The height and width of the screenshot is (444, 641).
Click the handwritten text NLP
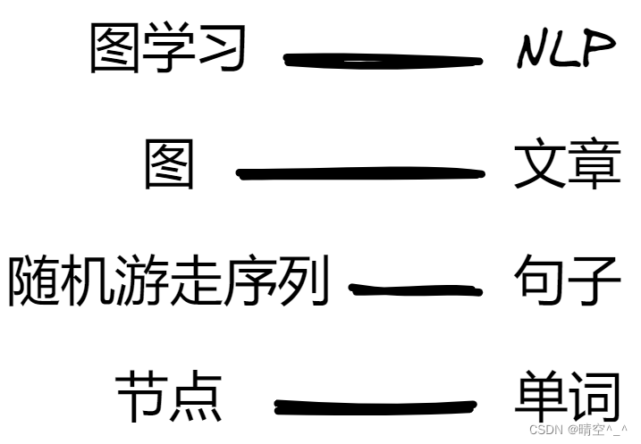click(566, 49)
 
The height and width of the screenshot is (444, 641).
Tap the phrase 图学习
click(168, 48)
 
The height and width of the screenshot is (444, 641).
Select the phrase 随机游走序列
click(168, 281)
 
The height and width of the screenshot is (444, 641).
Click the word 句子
click(567, 281)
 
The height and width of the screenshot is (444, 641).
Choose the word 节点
click(168, 397)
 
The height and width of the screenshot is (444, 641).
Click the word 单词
click(567, 397)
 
